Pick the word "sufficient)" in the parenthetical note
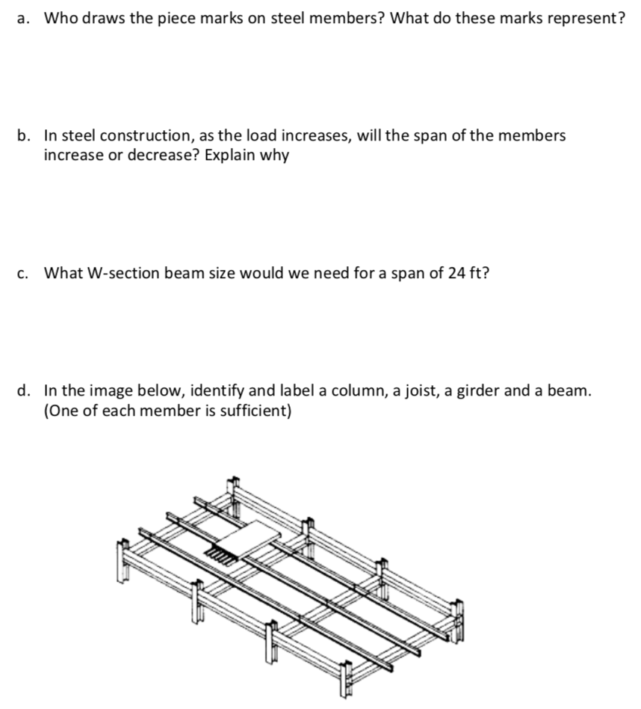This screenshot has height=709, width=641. [x=253, y=411]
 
